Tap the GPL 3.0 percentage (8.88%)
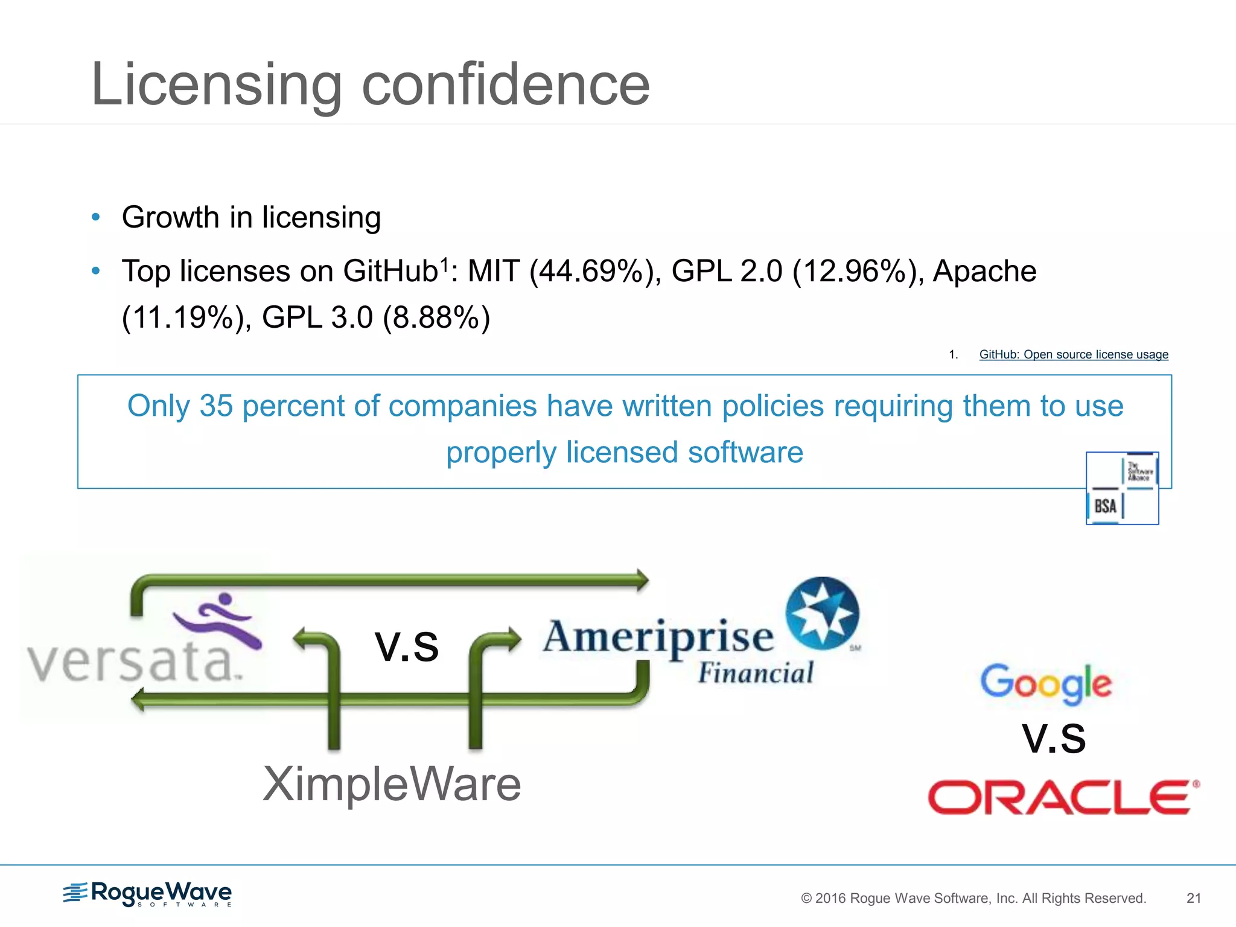click(x=436, y=318)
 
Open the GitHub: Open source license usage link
click(x=1073, y=355)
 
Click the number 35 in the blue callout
click(x=215, y=406)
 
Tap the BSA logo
click(x=1121, y=488)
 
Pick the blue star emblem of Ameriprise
click(x=822, y=613)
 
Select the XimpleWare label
click(x=392, y=784)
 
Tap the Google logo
click(x=1045, y=683)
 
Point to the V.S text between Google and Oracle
click(x=1053, y=739)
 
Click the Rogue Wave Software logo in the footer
click(x=147, y=894)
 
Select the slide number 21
click(x=1193, y=898)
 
